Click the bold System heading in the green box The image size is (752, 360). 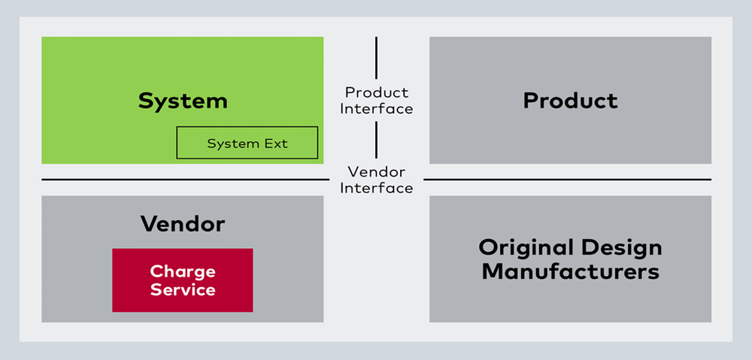183,101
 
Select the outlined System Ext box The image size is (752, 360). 247,143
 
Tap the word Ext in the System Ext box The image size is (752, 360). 276,144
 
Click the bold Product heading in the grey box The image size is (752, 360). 570,101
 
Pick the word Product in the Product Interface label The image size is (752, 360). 377,92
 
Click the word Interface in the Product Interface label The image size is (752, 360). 377,109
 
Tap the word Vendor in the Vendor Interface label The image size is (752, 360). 377,172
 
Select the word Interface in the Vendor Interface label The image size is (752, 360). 377,188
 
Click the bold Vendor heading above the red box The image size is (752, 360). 183,223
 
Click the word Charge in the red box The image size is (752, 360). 183,271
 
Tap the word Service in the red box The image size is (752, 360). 183,289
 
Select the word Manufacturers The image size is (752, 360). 570,271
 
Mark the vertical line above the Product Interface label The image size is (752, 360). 377,59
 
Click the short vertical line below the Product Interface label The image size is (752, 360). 377,140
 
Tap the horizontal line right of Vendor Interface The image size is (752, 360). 567,180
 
